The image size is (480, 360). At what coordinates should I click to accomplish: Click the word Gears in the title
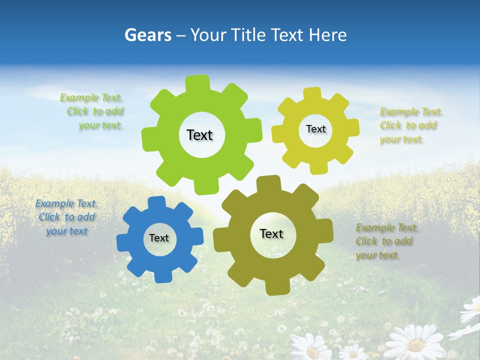147,35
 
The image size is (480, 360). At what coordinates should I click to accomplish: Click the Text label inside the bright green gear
199,135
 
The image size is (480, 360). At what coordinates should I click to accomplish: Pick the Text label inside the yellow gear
315,129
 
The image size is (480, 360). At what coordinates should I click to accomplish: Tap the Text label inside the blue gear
159,238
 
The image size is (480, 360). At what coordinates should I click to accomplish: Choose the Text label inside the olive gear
271,233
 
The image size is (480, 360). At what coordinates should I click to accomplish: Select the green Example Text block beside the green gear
93,111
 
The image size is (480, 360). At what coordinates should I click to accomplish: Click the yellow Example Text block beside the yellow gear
410,125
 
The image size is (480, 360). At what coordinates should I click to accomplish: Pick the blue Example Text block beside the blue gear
66,217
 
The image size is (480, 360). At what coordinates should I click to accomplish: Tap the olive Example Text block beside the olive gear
386,241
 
